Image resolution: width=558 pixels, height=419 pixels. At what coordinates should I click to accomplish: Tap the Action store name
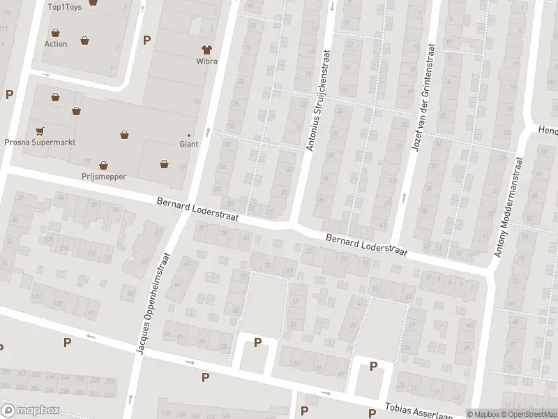[56, 43]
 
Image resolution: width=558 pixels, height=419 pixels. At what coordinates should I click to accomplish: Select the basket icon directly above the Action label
[55, 31]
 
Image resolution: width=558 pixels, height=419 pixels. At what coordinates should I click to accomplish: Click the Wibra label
[206, 61]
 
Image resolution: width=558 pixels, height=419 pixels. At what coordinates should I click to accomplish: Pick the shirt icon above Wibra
[206, 50]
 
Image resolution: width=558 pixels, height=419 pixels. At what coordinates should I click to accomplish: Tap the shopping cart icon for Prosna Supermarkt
[40, 130]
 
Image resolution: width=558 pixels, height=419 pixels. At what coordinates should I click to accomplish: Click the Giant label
[189, 144]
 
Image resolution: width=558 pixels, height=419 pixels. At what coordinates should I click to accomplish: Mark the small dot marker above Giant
[189, 135]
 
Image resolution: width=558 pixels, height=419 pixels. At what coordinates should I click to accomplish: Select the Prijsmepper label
[103, 177]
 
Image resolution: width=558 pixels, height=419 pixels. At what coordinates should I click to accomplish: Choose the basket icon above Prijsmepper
[103, 166]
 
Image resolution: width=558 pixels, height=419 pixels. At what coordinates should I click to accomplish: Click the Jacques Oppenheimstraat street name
[154, 303]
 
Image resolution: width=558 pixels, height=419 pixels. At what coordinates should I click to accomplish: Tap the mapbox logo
[31, 410]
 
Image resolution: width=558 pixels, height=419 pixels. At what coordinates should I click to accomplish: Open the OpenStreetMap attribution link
[528, 414]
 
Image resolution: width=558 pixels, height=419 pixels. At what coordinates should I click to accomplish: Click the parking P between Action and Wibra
[146, 40]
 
